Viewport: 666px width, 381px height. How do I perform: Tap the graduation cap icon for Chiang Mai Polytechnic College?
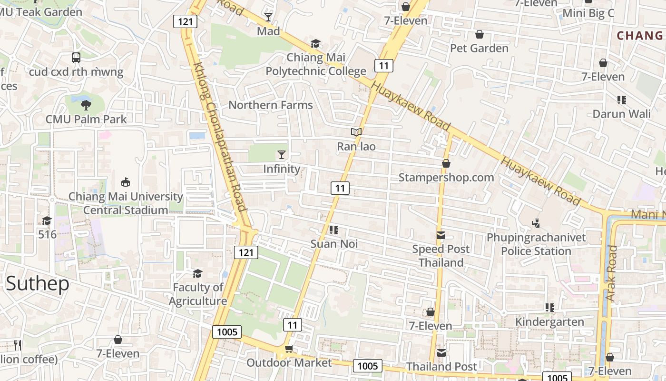(315, 44)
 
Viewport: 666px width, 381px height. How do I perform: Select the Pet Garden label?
(479, 48)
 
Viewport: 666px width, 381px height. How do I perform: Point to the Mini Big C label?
(588, 13)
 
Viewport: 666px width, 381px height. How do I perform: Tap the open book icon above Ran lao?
(356, 132)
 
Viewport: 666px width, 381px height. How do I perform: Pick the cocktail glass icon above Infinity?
(282, 155)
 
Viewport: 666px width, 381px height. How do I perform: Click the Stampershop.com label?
(446, 178)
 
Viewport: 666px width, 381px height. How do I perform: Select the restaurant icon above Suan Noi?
(333, 231)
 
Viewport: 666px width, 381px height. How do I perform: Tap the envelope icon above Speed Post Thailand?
(441, 235)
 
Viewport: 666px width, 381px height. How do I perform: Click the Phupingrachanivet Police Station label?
(536, 244)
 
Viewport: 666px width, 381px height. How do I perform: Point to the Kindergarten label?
(549, 322)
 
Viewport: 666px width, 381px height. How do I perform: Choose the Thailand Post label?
(441, 366)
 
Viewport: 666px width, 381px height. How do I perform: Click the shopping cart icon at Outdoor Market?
(289, 349)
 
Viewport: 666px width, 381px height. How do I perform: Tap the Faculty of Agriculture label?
(197, 294)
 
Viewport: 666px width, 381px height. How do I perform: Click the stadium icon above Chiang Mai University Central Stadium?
(126, 182)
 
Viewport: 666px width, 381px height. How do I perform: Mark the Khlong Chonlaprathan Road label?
(220, 137)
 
